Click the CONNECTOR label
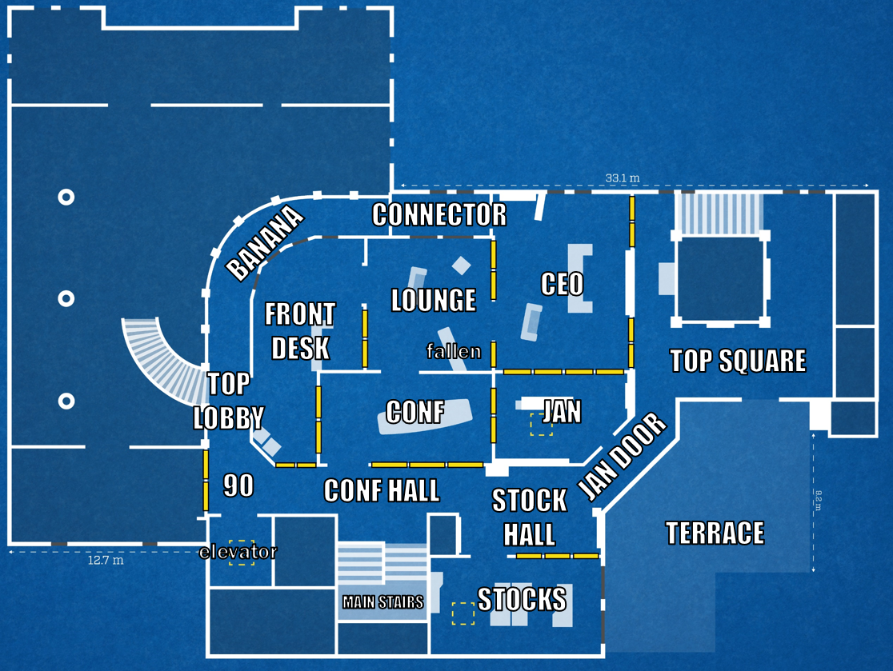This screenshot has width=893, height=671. click(439, 214)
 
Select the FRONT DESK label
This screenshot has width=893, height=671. click(300, 331)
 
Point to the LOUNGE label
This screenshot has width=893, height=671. click(434, 300)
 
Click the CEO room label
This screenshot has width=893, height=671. click(563, 284)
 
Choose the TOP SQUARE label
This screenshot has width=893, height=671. click(738, 361)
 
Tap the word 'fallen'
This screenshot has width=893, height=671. click(454, 351)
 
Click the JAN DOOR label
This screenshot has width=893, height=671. click(622, 457)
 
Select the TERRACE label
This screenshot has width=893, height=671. click(715, 533)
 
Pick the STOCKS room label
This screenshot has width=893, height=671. click(522, 598)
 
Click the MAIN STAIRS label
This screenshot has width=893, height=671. click(382, 601)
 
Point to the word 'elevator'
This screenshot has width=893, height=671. click(238, 551)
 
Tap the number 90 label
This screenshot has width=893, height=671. click(238, 485)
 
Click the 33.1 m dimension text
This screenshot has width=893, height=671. click(623, 178)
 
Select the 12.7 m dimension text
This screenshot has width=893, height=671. click(106, 560)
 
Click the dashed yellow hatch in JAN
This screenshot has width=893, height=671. click(542, 425)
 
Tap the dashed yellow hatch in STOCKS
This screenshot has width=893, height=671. click(463, 613)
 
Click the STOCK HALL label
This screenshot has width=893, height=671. click(530, 517)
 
